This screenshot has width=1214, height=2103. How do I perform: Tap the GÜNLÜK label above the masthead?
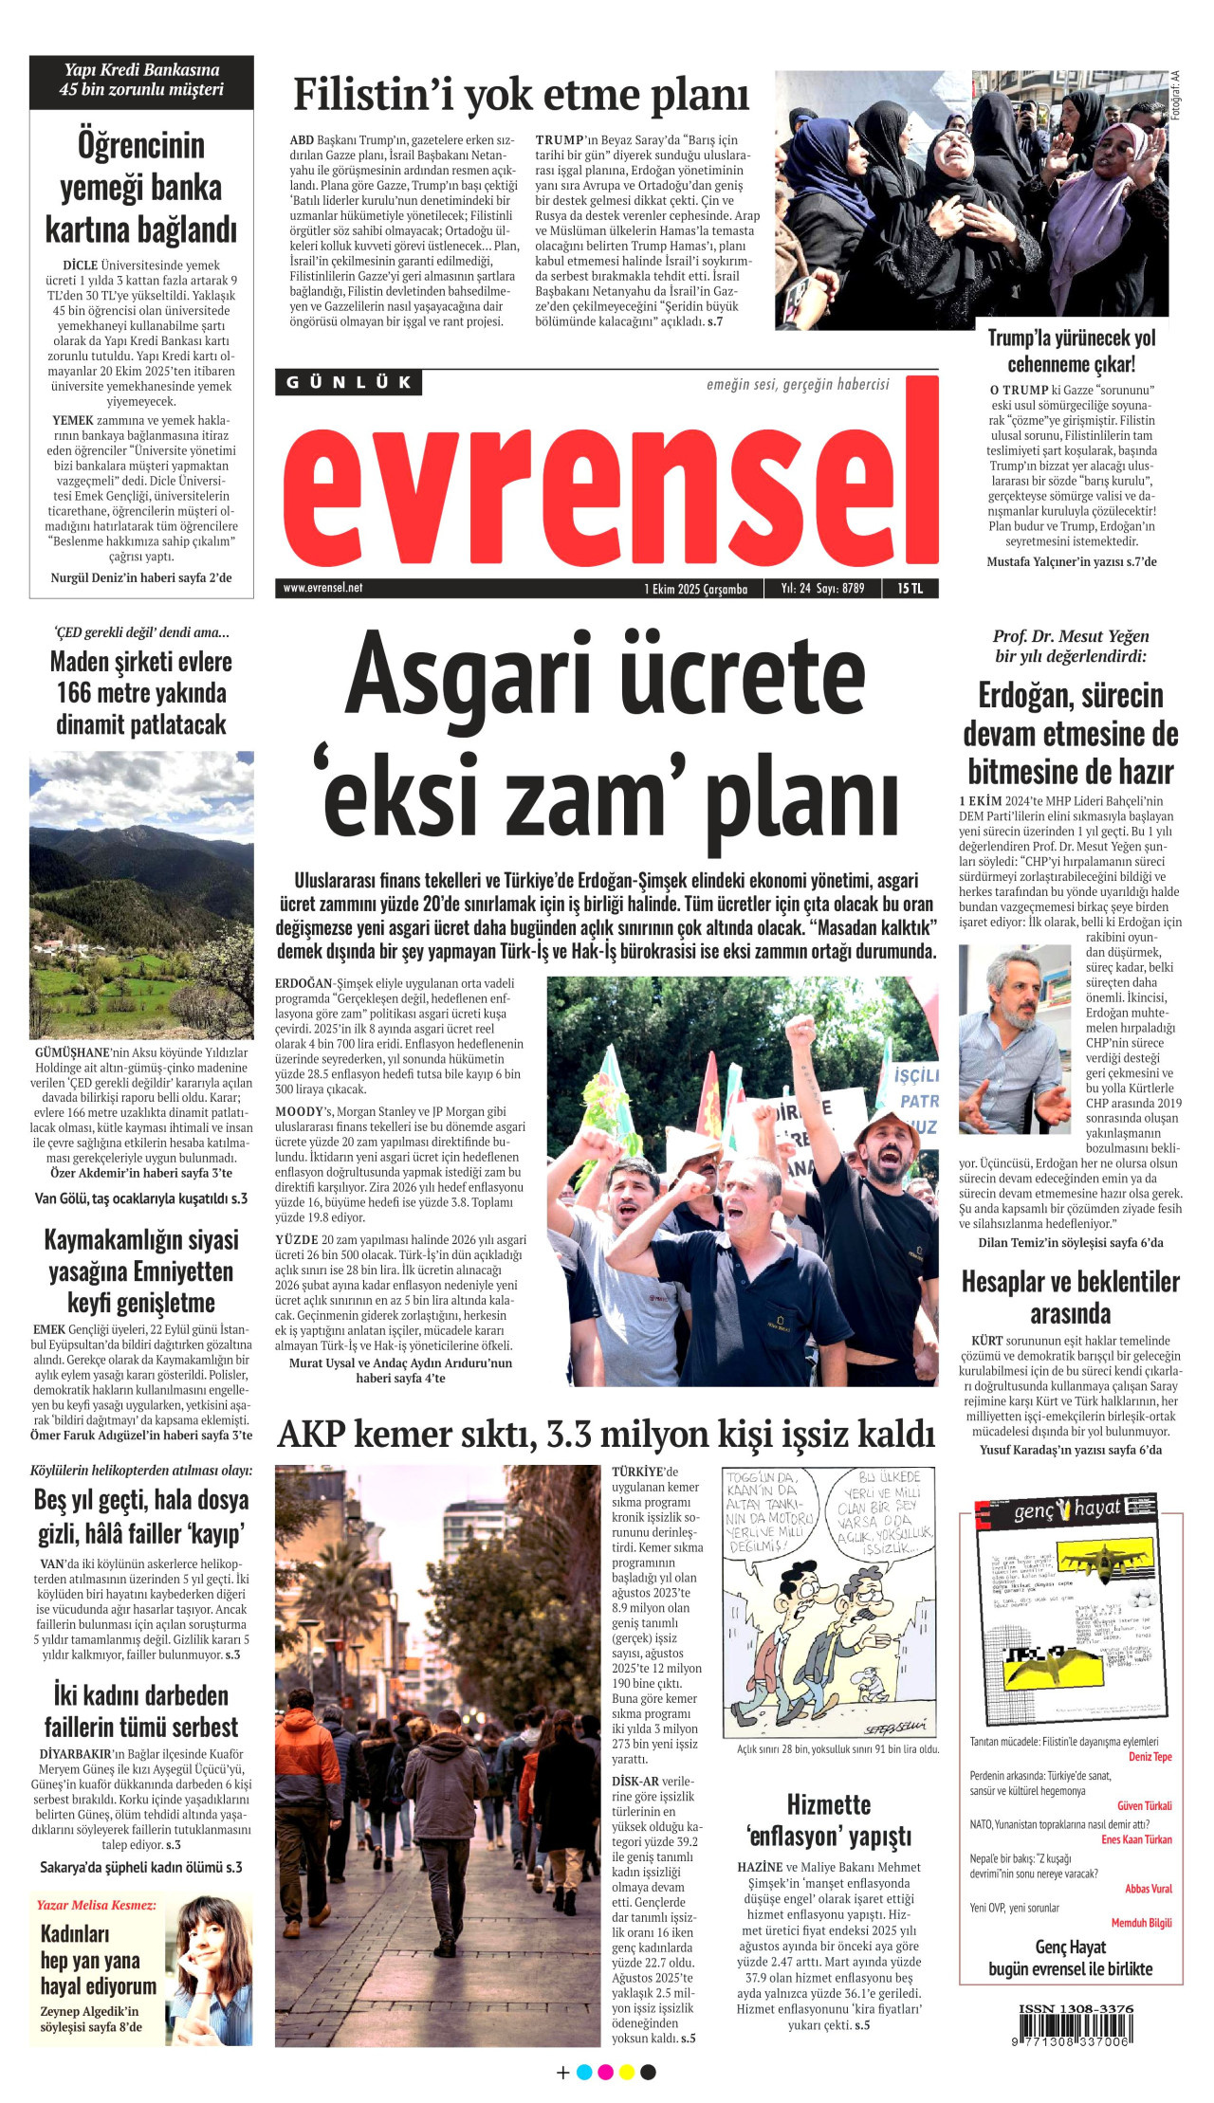349,383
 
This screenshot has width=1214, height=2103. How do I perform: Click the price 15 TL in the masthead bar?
910,589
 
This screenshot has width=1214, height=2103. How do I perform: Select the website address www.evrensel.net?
322,588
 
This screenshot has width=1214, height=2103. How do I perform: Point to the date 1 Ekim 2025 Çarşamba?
696,589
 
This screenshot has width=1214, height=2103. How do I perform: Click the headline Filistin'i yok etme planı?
521,95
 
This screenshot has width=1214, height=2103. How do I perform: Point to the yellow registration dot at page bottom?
627,2072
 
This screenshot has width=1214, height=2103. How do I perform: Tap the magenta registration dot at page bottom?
605,2072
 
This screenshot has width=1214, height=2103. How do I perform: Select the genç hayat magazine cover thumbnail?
1071,1612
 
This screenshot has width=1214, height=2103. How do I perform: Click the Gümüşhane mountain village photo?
141,895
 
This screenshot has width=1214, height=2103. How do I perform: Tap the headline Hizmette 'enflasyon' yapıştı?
828,1820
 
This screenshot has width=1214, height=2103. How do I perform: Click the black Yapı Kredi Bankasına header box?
141,81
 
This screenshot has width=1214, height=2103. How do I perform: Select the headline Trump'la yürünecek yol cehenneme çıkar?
1071,351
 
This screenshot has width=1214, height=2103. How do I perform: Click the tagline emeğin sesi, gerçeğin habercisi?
798,384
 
